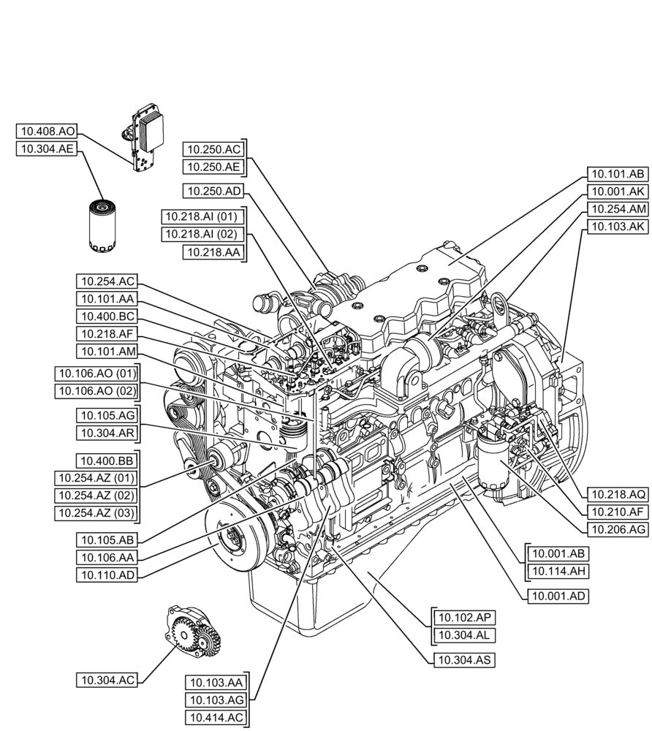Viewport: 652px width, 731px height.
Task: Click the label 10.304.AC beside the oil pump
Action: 107,680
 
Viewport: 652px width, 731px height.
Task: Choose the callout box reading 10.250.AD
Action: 213,191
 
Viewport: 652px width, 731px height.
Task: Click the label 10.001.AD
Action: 557,596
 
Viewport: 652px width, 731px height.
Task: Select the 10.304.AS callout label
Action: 464,659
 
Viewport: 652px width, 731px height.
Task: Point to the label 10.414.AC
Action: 216,718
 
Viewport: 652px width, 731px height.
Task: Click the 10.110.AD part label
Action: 107,575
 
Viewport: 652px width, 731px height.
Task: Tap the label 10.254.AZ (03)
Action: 96,512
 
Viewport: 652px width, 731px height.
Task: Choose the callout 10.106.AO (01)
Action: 96,374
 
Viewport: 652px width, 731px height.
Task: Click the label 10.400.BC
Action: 107,317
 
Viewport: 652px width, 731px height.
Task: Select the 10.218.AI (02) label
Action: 202,234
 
